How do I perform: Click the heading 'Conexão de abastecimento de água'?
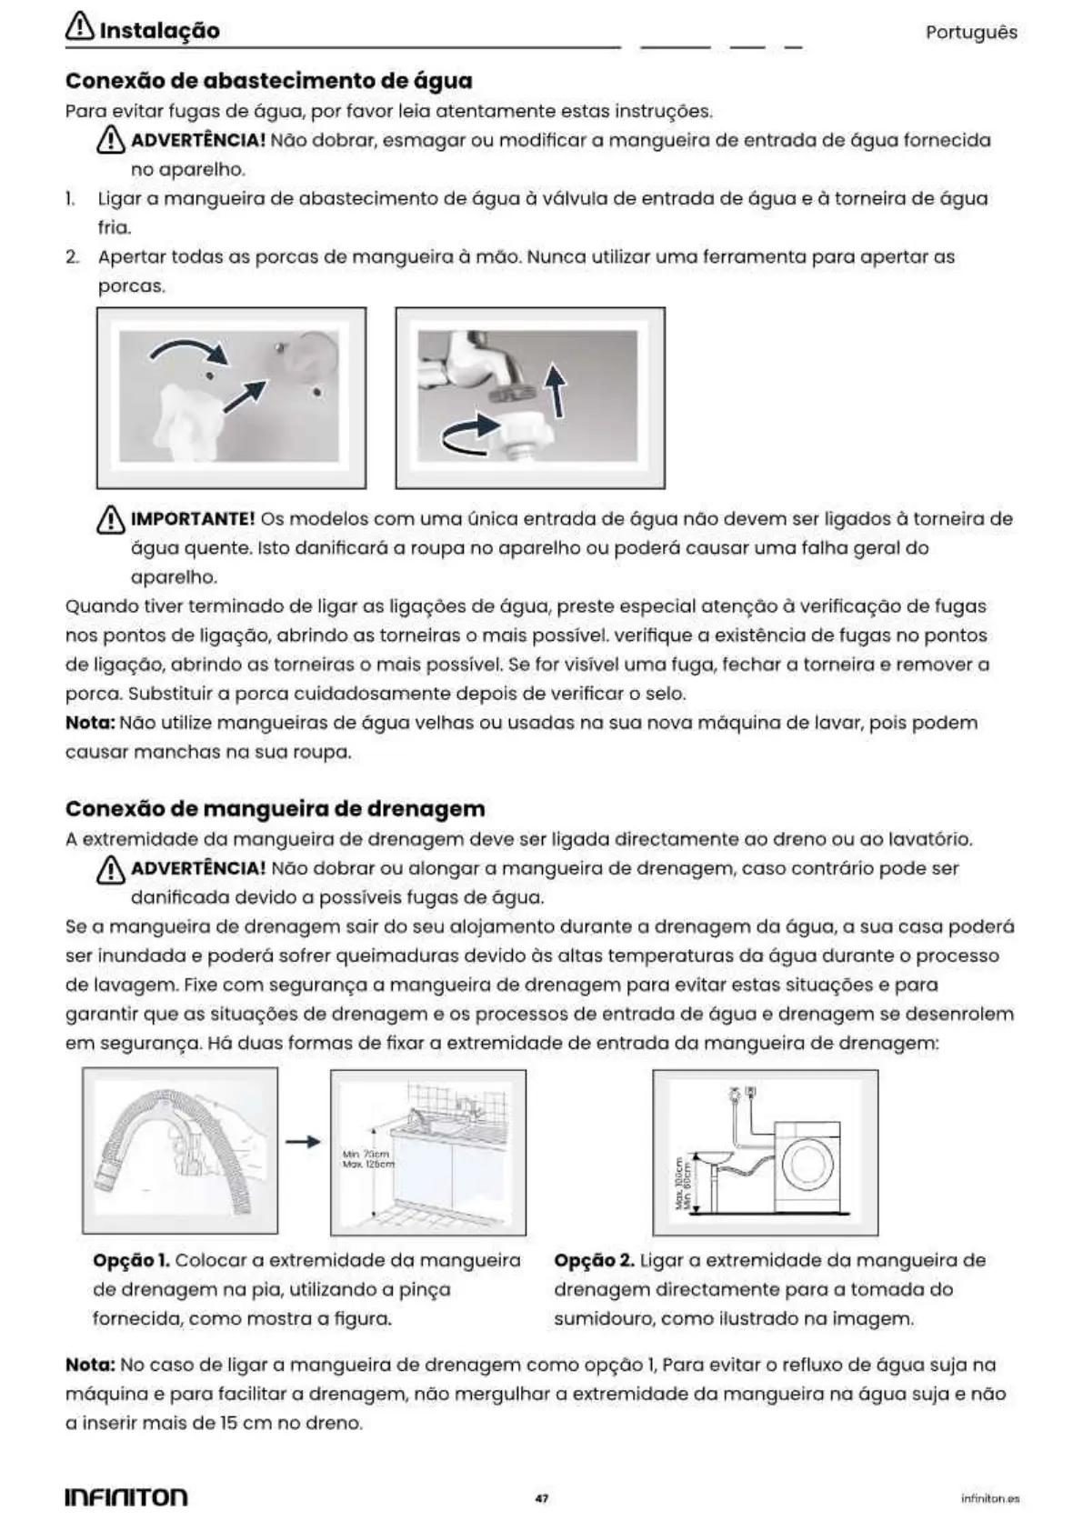[x=268, y=81]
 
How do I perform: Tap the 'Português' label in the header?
[x=970, y=33]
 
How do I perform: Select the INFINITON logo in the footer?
[x=126, y=1496]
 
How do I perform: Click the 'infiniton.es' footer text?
[x=989, y=1498]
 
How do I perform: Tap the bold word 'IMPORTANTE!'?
[x=193, y=519]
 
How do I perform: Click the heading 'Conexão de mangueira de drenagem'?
[x=275, y=809]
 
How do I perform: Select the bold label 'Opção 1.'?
[x=131, y=1261]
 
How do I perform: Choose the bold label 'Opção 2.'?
[x=594, y=1261]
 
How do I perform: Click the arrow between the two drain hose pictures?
[x=303, y=1142]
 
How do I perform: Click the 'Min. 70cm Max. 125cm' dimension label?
[x=368, y=1159]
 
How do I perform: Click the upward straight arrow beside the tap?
[x=555, y=390]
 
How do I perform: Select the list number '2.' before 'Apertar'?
[x=72, y=257]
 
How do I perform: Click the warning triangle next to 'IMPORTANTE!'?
[x=110, y=520]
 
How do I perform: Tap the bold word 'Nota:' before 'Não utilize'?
[x=90, y=724]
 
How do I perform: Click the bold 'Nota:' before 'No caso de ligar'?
[x=90, y=1366]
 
